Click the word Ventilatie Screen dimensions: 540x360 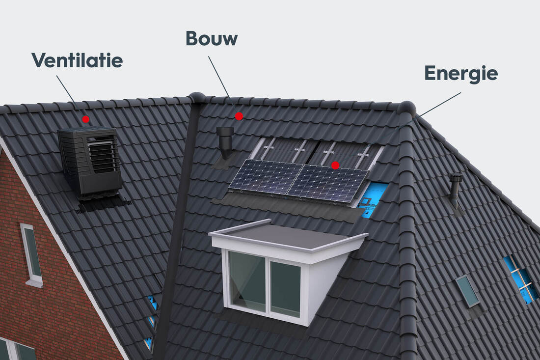pyautogui.click(x=77, y=60)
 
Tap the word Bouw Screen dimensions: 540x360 pyautogui.click(x=212, y=38)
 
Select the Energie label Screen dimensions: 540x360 pyautogui.click(x=461, y=73)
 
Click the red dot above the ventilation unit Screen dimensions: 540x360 pyautogui.click(x=86, y=119)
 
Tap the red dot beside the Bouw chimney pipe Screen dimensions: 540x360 pyautogui.click(x=239, y=116)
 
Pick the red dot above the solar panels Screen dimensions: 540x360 pyautogui.click(x=335, y=166)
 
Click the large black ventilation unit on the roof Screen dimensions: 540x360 pyautogui.click(x=90, y=162)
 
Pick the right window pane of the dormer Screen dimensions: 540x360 pyautogui.click(x=286, y=288)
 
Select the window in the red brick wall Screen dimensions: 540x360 pyautogui.click(x=32, y=253)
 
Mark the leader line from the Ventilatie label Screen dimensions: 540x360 pyautogui.click(x=66, y=89)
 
